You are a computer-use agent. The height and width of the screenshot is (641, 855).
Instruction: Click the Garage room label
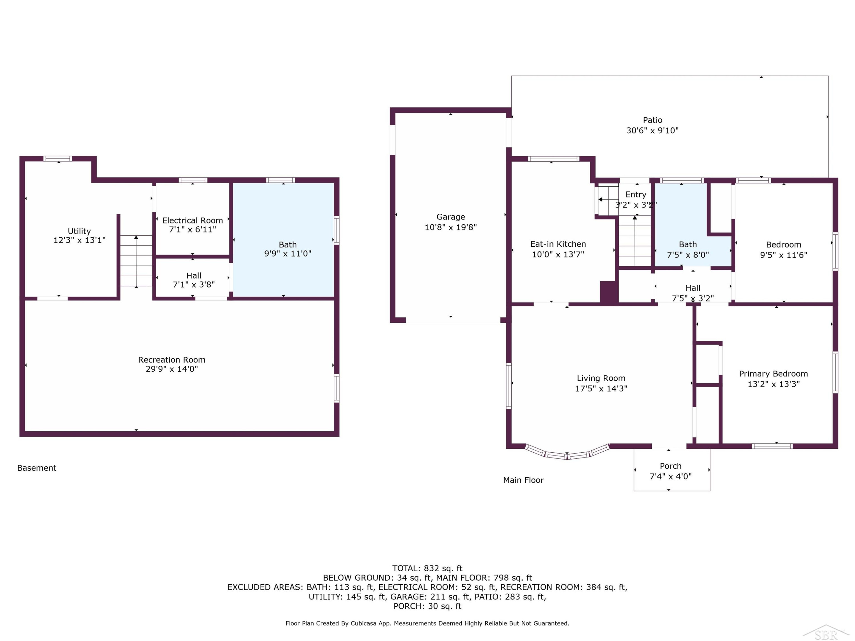pos(451,217)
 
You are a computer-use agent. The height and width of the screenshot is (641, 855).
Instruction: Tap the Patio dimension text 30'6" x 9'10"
pos(652,130)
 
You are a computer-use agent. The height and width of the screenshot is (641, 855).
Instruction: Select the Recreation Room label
pos(172,360)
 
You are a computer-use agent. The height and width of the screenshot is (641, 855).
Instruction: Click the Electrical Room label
pos(192,220)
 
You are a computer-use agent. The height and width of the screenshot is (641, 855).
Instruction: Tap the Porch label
pos(671,466)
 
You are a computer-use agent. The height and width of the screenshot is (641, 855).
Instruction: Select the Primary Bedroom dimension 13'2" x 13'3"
pos(773,384)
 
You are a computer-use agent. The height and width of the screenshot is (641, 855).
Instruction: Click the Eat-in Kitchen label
pos(558,244)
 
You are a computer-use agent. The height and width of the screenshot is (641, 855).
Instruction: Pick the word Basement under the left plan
pos(37,468)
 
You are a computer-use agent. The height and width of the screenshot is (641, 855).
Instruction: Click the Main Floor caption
pos(523,480)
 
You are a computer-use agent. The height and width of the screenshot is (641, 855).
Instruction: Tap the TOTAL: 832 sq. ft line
pos(427,568)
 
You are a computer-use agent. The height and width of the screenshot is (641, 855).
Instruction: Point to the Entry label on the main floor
pos(636,194)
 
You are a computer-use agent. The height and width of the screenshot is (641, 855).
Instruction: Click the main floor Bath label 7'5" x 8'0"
pos(688,250)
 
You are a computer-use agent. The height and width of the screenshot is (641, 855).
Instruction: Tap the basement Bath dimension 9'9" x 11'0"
pos(288,254)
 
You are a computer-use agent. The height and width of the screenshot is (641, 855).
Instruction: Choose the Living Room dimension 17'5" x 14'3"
pos(601,389)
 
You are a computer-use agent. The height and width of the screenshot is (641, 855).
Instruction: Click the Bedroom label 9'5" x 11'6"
pos(783,250)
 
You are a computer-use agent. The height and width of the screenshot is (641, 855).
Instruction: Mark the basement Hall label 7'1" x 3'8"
pos(194,280)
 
